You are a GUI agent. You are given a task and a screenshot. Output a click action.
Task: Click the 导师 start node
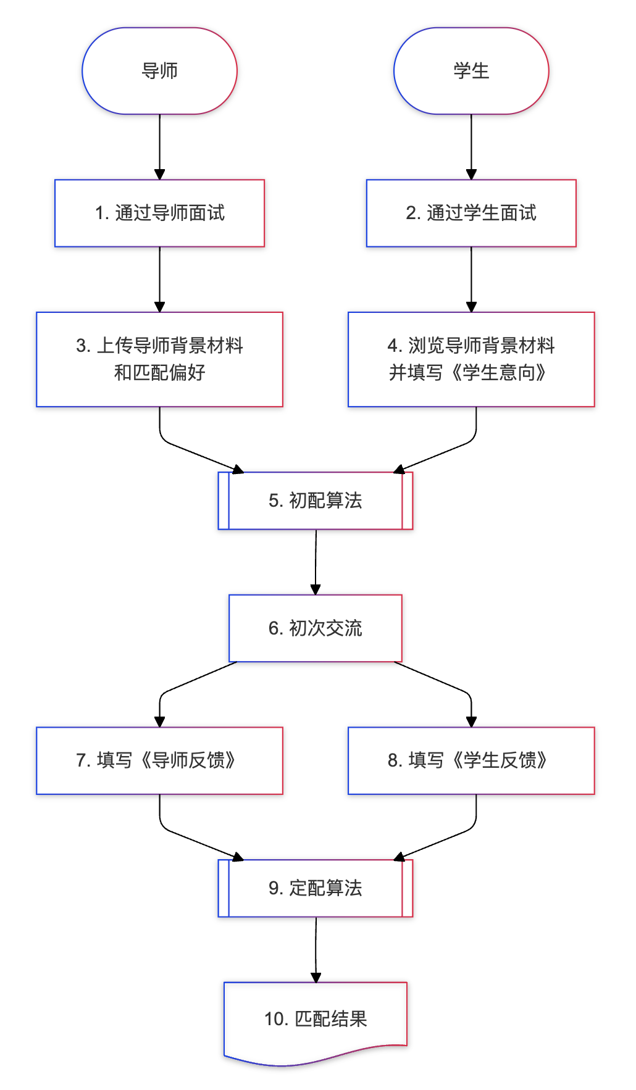pyautogui.click(x=159, y=71)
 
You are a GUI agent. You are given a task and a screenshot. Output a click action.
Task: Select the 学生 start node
pyautogui.click(x=471, y=71)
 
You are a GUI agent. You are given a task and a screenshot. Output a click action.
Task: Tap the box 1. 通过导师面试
pyautogui.click(x=159, y=213)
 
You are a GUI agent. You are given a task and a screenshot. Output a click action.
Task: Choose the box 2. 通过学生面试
pyautogui.click(x=471, y=213)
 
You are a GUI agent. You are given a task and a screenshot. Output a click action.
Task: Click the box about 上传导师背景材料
pyautogui.click(x=159, y=359)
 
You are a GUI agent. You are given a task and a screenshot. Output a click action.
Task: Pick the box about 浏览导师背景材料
pyautogui.click(x=471, y=359)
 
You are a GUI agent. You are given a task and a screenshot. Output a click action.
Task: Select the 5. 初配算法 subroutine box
pyautogui.click(x=315, y=501)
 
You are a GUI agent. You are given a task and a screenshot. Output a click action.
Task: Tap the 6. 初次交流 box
pyautogui.click(x=315, y=628)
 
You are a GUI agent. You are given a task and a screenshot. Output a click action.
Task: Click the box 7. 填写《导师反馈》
pyautogui.click(x=159, y=760)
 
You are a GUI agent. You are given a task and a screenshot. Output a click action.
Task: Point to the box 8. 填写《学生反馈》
pyautogui.click(x=471, y=760)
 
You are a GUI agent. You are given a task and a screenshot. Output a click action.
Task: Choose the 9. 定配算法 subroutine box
pyautogui.click(x=315, y=888)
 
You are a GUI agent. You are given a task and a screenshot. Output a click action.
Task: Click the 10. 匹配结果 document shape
pyautogui.click(x=315, y=1018)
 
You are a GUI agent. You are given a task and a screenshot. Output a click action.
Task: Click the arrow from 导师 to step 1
pyautogui.click(x=159, y=146)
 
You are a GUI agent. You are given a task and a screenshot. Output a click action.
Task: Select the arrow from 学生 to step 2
pyautogui.click(x=471, y=146)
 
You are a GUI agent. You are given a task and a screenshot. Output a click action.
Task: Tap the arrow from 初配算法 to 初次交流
pyautogui.click(x=316, y=562)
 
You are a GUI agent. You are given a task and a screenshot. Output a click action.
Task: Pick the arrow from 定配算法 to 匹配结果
pyautogui.click(x=316, y=949)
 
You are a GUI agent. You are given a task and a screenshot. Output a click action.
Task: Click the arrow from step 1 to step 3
pyautogui.click(x=159, y=279)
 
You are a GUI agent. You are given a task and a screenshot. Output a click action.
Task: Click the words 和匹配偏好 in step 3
pyautogui.click(x=159, y=373)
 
